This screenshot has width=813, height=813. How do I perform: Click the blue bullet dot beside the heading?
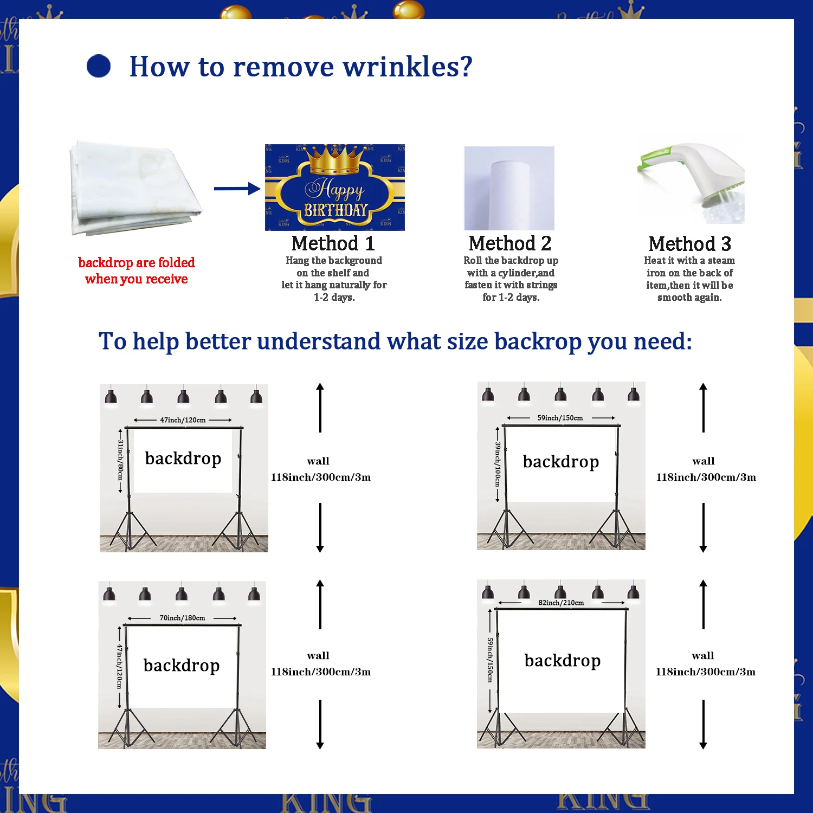pyautogui.click(x=99, y=66)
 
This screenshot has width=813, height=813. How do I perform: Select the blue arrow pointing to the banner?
pyautogui.click(x=237, y=189)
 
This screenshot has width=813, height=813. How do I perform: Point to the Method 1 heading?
pyautogui.click(x=333, y=243)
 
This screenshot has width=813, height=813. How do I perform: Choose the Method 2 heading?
pyautogui.click(x=510, y=243)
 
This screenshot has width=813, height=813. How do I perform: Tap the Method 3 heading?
pyautogui.click(x=689, y=244)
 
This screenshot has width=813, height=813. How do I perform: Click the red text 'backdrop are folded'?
pyautogui.click(x=137, y=263)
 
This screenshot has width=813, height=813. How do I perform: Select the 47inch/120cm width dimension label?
pyautogui.click(x=183, y=420)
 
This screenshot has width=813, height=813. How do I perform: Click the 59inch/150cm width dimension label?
pyautogui.click(x=560, y=418)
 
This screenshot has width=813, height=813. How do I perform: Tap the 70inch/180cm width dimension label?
pyautogui.click(x=182, y=618)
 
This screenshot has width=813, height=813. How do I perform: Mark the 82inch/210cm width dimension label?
pyautogui.click(x=561, y=603)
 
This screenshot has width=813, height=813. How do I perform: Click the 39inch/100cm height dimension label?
pyautogui.click(x=498, y=464)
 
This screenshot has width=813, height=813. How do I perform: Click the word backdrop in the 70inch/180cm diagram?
pyautogui.click(x=182, y=665)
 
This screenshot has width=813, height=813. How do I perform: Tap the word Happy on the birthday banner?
pyautogui.click(x=334, y=189)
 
